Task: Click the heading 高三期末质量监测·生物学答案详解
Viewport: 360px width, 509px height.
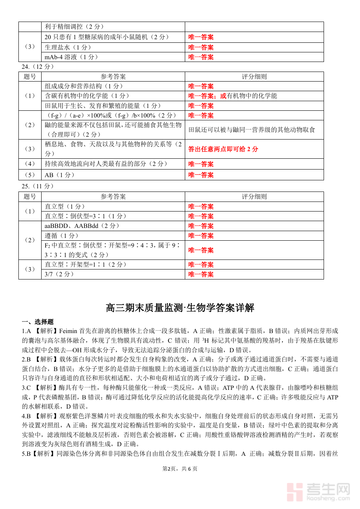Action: point(180,308)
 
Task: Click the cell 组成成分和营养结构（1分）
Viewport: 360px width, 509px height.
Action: point(84,86)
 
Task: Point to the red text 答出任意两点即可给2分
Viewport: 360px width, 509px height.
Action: point(223,149)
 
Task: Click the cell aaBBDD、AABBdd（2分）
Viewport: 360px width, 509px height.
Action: point(82,226)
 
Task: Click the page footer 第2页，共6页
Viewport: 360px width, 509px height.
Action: point(180,469)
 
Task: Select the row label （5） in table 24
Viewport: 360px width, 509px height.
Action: point(30,175)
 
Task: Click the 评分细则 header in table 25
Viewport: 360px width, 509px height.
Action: point(254,196)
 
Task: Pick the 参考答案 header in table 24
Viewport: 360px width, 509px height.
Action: point(113,76)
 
